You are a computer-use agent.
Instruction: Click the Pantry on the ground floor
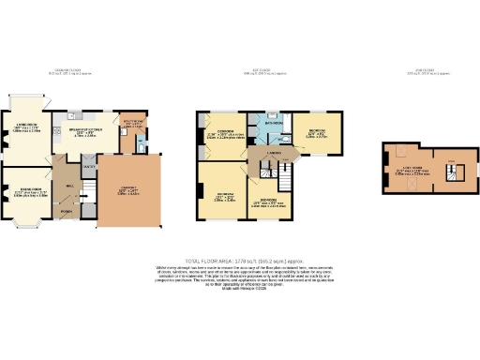90,166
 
